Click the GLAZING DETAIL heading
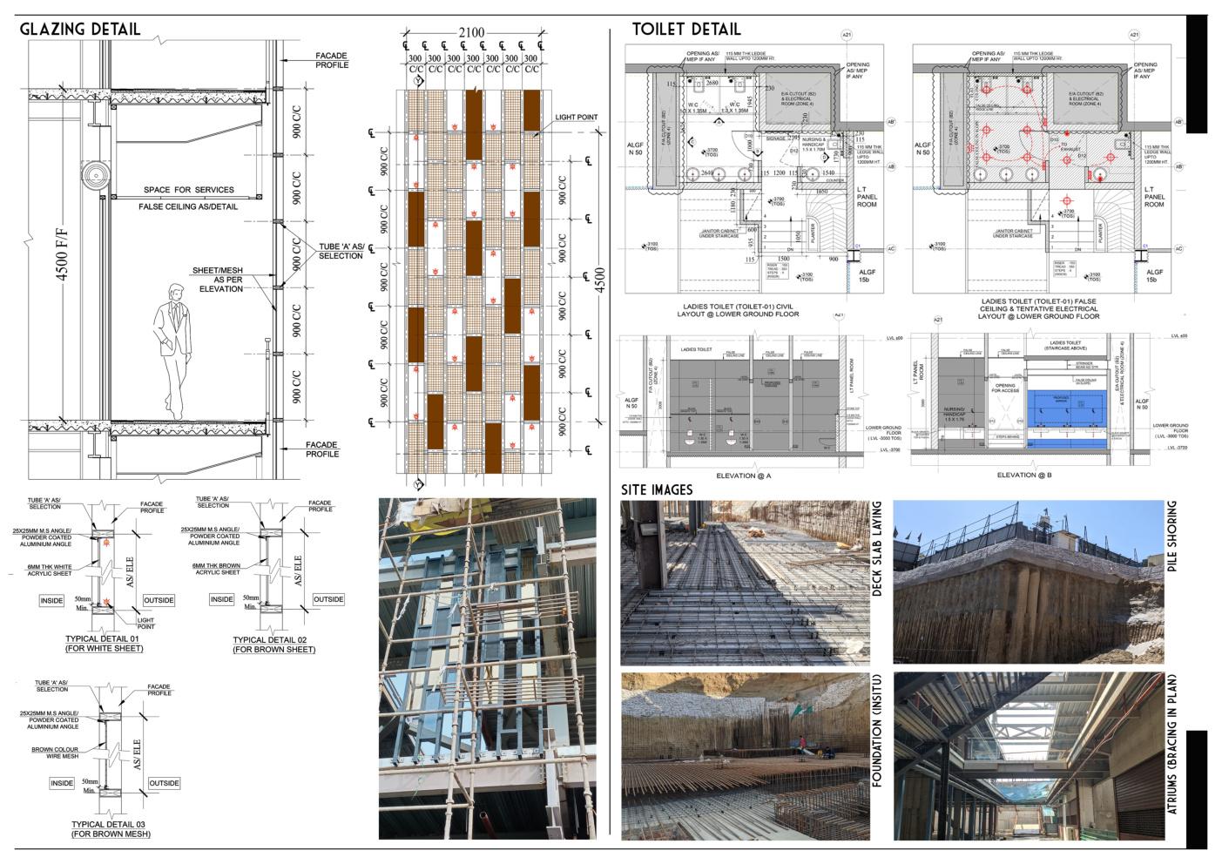tap(80, 30)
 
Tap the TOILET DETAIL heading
tap(686, 30)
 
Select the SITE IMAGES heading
tap(657, 489)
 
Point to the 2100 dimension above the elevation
tap(470, 33)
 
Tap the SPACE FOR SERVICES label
tap(189, 190)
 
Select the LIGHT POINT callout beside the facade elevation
tap(576, 118)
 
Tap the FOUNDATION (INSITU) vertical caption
tap(877, 730)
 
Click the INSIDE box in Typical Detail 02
tap(222, 599)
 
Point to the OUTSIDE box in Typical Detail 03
tap(164, 783)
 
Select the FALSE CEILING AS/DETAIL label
tap(188, 207)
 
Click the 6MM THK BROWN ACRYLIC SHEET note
tap(216, 569)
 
